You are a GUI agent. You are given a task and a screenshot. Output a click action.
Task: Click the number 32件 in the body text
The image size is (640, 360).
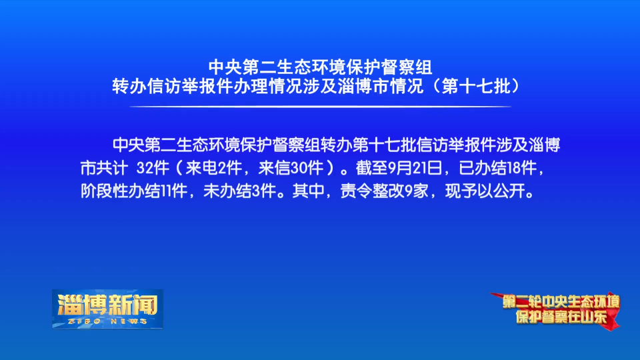[x=153, y=168]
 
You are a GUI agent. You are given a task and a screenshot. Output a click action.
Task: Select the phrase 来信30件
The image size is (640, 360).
[x=291, y=168]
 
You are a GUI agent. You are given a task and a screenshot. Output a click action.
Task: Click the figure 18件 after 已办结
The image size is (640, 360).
[x=521, y=168]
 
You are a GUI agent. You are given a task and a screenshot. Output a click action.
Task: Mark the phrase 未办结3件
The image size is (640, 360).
[x=240, y=191]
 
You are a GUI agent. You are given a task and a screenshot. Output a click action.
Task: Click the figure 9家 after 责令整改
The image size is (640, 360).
[x=416, y=191]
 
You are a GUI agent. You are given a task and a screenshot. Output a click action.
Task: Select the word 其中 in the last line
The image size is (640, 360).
[x=308, y=191]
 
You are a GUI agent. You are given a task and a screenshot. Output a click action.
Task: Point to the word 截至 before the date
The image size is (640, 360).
[x=371, y=168]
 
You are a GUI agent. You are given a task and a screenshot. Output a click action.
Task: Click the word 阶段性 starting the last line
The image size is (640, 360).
[x=105, y=191]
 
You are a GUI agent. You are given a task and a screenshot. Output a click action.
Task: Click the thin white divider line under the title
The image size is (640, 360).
[x=321, y=107]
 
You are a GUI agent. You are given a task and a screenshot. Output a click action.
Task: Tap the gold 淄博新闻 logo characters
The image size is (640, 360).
[x=107, y=305]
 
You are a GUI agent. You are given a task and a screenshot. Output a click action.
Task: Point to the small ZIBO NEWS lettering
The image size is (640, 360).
[x=107, y=321]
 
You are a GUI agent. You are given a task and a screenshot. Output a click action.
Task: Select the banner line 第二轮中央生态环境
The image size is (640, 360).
[x=561, y=302]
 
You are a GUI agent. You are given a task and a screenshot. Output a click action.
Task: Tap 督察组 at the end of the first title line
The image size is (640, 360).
[x=406, y=67]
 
